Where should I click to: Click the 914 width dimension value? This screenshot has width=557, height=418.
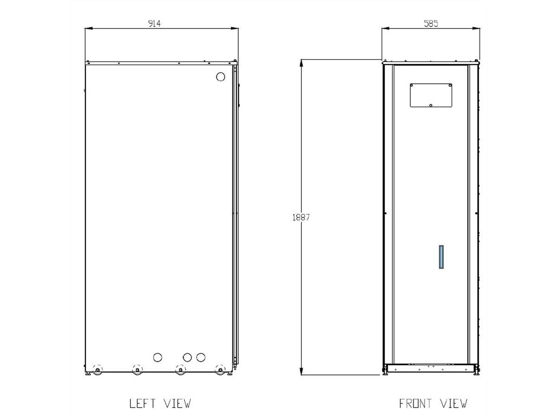(x=154, y=24)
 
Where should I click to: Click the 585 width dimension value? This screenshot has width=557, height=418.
(x=431, y=24)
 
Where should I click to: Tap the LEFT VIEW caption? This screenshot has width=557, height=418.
(x=160, y=403)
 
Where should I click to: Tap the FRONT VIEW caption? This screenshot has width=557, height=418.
(x=433, y=403)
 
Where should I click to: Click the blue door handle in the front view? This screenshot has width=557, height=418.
(x=441, y=257)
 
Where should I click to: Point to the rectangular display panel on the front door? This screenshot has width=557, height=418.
(x=431, y=95)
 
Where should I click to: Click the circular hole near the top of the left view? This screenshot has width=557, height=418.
(x=221, y=77)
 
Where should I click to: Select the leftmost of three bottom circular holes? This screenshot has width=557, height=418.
(x=158, y=357)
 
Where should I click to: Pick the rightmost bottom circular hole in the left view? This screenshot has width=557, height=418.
(x=201, y=357)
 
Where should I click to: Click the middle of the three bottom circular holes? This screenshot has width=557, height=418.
(x=187, y=357)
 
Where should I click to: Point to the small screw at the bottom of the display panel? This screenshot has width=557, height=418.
(x=431, y=105)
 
